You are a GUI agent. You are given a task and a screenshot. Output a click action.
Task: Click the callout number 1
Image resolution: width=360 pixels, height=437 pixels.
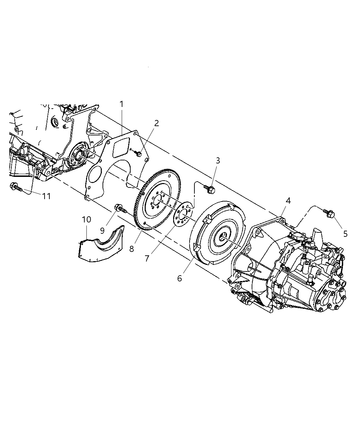pos(121,104)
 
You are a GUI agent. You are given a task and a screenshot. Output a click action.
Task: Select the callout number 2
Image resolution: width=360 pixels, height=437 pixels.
pos(156,123)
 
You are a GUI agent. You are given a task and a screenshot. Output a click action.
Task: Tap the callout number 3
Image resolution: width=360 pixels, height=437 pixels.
pos(217,160)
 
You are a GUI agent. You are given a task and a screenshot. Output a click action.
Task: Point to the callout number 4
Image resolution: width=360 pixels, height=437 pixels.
pos(288,201)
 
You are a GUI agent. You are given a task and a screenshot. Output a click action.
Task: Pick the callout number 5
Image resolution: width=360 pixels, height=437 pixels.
pos(345,234)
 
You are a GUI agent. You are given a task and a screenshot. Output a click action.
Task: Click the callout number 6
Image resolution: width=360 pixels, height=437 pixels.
pos(179,278)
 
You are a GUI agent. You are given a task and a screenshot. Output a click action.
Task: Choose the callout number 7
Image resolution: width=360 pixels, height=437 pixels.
pos(147,258)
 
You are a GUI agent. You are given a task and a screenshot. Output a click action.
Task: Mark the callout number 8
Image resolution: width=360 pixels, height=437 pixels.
pos(132,249)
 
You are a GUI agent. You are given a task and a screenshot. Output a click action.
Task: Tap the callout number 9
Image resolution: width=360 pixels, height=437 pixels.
pos(102,231)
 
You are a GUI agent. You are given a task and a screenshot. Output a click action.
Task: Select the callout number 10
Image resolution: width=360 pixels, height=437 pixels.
pos(87,219)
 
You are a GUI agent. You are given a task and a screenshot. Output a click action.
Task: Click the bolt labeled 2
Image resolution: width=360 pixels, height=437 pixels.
pos(138,155)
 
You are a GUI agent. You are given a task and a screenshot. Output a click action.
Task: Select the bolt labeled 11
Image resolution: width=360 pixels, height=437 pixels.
pos(16,187)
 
